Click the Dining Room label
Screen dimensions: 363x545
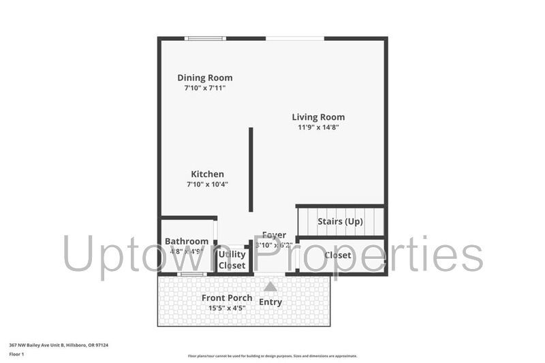point(205,78)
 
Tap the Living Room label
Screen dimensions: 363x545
point(318,117)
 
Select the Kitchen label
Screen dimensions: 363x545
point(207,174)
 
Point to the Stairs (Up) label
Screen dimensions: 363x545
point(340,222)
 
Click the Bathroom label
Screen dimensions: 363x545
point(186,241)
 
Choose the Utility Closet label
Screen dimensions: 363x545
point(232,259)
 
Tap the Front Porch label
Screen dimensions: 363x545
point(227,298)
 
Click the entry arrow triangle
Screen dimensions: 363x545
point(270,287)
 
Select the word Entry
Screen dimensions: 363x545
point(270,302)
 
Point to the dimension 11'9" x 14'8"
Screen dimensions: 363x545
point(318,127)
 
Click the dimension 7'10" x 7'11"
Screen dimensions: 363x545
point(204,88)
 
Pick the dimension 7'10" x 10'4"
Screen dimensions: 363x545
point(207,184)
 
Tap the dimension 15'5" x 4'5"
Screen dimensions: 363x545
point(227,309)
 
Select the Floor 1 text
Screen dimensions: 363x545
point(16,354)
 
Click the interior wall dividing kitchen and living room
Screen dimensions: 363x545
point(251,169)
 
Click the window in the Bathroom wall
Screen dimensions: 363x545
point(191,274)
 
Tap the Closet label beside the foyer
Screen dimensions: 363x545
point(338,255)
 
